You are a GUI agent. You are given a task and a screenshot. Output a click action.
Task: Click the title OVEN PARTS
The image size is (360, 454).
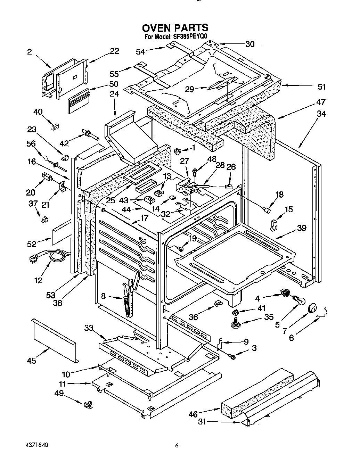pyautogui.click(x=175, y=28)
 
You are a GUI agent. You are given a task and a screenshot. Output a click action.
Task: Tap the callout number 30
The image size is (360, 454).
pyautogui.click(x=250, y=44)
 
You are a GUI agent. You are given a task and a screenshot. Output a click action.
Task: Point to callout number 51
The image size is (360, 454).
pyautogui.click(x=322, y=87)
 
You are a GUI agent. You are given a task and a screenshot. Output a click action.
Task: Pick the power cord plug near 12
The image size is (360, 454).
pyautogui.click(x=34, y=258)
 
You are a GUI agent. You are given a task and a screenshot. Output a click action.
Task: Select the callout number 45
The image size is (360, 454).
pyautogui.click(x=32, y=361)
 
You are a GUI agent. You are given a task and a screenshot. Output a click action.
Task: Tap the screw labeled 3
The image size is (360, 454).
pyautogui.click(x=232, y=356)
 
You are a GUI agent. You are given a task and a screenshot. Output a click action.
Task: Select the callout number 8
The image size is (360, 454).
pyautogui.click(x=103, y=296)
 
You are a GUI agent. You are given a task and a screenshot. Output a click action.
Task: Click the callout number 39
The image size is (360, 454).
pyautogui.click(x=301, y=228)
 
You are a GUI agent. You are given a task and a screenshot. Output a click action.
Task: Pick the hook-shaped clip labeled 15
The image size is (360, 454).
pyautogui.click(x=274, y=225)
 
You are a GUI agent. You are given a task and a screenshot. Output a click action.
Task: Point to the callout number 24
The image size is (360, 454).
pyautogui.click(x=114, y=94)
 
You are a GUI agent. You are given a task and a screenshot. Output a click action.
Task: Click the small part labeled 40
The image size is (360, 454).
pyautogui.click(x=55, y=127)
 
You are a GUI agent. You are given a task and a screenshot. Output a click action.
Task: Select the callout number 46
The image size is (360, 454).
pyautogui.click(x=193, y=414)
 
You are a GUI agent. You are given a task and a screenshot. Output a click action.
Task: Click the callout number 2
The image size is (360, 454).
pyautogui.click(x=30, y=52)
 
